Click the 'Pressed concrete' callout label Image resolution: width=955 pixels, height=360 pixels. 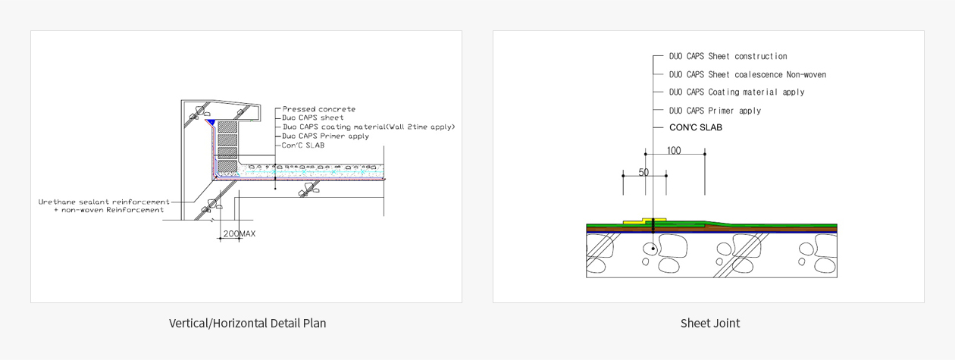pos(319,109)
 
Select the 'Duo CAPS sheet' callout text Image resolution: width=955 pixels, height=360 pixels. pos(312,117)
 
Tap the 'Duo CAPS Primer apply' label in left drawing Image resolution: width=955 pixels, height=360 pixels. pos(326,136)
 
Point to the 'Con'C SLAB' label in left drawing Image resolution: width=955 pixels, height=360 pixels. pos(303,146)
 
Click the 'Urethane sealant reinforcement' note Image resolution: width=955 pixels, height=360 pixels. pos(104,202)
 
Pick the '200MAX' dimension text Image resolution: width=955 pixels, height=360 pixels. pos(240,233)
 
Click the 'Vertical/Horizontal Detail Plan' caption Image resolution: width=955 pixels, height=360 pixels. pos(247,324)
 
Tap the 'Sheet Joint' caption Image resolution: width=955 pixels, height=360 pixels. pos(710,324)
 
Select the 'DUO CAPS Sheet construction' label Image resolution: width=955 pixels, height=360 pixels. pos(728,56)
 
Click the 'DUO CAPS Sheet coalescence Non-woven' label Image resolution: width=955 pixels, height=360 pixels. pos(747,74)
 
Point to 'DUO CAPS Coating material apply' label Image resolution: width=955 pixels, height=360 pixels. pos(737,92)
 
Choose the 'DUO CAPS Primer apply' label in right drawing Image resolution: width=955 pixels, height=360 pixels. pos(715,111)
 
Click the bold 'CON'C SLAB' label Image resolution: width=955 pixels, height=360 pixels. pos(696,127)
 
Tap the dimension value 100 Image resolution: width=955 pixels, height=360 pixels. pos(674,151)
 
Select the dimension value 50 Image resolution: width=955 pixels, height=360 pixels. pos(643,172)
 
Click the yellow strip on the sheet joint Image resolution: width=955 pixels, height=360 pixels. pos(644,221)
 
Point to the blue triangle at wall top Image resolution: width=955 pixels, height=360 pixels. pos(211,123)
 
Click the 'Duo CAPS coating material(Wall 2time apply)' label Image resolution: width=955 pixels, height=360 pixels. pos(369,127)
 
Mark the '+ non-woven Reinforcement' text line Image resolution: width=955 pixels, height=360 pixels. pos(108,210)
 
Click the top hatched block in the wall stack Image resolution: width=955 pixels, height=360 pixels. pos(227,127)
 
